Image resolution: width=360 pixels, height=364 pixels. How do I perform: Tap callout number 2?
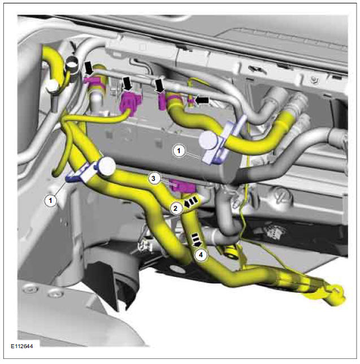point(176,208)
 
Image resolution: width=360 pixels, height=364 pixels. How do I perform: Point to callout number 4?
point(199,254)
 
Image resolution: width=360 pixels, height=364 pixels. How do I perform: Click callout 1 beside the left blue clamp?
point(51,200)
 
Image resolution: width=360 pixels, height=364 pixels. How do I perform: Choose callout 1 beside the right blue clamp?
point(179,151)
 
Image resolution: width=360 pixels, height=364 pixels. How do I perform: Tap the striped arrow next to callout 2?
point(192,201)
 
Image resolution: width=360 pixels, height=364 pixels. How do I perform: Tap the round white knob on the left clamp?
point(107,165)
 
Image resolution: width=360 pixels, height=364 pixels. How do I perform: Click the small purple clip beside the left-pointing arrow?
point(192,101)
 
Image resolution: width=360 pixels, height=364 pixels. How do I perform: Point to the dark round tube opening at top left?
point(72,66)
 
